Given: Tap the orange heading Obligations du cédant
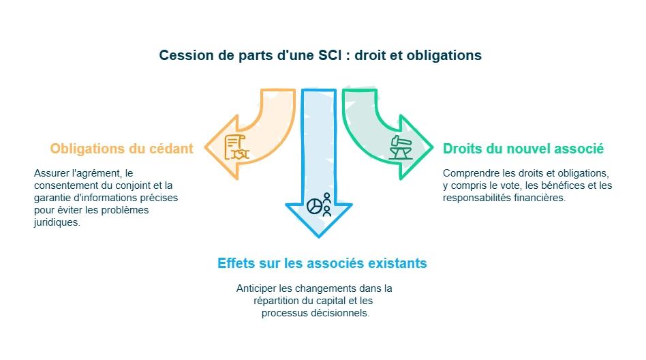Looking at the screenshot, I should [x=122, y=149].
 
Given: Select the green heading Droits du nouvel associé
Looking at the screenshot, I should [x=523, y=149].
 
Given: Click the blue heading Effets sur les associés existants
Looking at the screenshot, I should [x=322, y=262].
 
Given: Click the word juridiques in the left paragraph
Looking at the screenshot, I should [x=57, y=222].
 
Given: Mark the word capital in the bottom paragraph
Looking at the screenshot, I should [x=329, y=301].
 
